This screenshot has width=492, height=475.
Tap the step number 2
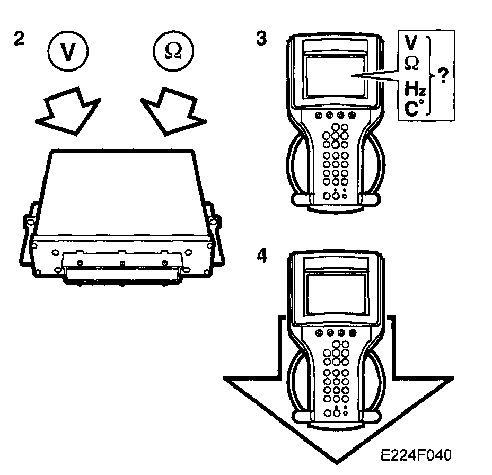pos(19,39)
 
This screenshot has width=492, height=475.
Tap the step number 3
pos(261,39)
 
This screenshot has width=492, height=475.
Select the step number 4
pos(261,256)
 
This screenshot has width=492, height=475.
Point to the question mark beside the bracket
pos(443,75)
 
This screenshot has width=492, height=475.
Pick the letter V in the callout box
pos(410,42)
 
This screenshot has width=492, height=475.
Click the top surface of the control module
pos(122,191)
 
